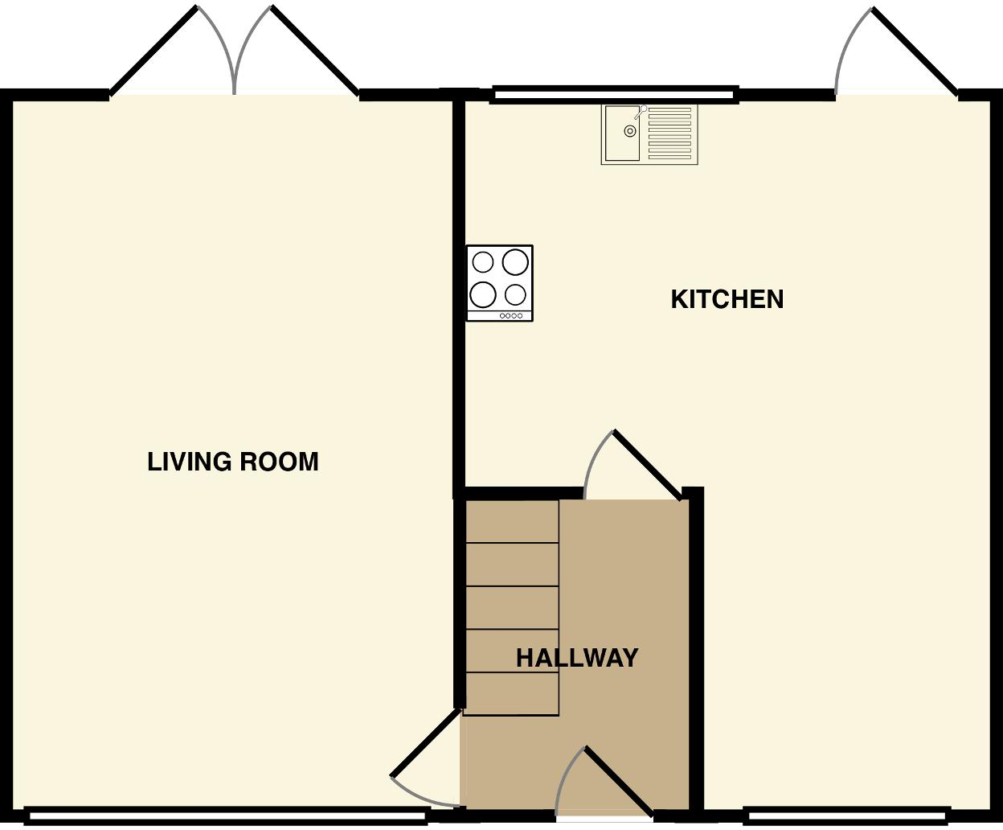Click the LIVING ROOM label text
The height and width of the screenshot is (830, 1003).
(x=233, y=462)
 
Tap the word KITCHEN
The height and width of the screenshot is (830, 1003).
(x=727, y=299)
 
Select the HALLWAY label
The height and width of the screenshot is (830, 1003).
(x=577, y=658)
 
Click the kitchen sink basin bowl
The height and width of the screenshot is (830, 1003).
(x=623, y=133)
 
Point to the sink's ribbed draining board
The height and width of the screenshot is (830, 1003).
(x=669, y=133)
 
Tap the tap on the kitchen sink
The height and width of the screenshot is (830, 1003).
(x=640, y=113)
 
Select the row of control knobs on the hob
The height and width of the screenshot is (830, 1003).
(x=512, y=316)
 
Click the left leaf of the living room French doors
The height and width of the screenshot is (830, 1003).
(x=154, y=50)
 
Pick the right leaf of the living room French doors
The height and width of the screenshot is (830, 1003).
(x=315, y=50)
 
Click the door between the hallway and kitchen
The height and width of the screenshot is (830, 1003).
(x=648, y=465)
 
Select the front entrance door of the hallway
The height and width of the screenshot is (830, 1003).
(x=617, y=780)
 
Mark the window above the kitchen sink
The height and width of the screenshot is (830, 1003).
(x=614, y=95)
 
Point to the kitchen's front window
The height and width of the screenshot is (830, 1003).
(x=847, y=816)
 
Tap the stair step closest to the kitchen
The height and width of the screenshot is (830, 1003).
(x=512, y=521)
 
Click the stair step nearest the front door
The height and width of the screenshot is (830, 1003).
(x=512, y=693)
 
